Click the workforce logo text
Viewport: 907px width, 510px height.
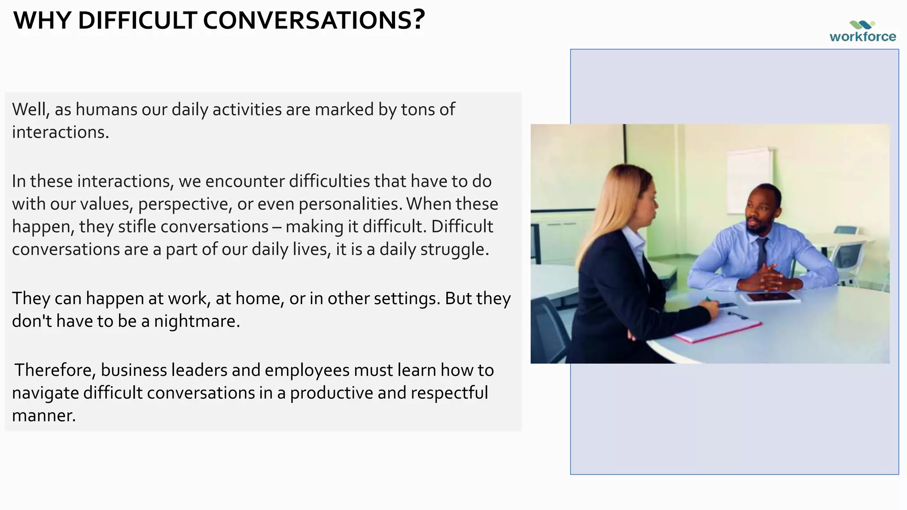pos(862,36)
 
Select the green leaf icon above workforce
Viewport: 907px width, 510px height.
pos(862,25)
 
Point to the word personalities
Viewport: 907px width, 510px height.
pos(350,204)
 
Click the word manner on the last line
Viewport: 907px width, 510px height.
pos(43,415)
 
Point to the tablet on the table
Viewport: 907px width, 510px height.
pos(771,297)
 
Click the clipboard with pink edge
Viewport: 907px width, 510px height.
pos(717,328)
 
